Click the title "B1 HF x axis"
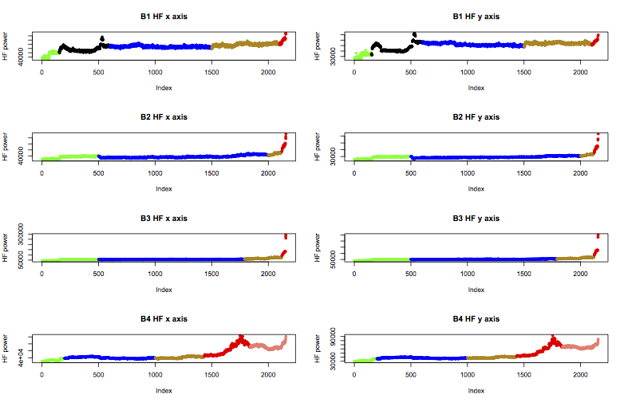(164, 15)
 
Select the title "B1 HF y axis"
(476, 15)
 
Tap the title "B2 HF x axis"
(164, 117)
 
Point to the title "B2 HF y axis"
(476, 117)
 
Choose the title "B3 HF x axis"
(164, 218)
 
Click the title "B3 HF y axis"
(476, 218)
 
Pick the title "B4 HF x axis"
(164, 318)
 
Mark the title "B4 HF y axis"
(476, 318)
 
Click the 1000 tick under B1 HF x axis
(155, 73)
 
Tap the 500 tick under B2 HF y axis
(411, 174)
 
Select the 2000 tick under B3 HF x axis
(268, 275)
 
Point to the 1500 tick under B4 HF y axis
(523, 376)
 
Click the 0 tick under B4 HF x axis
(41, 376)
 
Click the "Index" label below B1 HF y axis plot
(476, 88)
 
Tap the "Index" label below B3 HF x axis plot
(164, 290)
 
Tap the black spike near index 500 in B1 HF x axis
(101, 38)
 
